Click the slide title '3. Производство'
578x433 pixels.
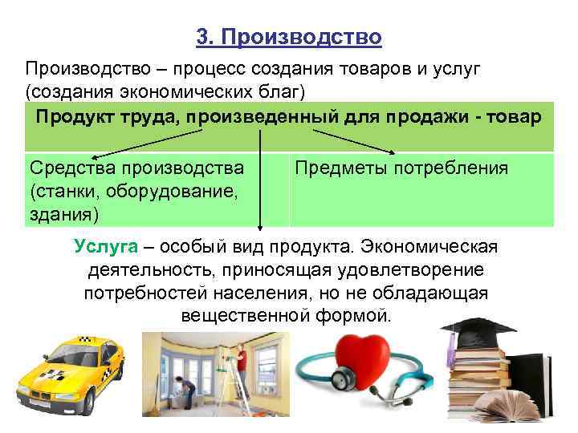(289, 37)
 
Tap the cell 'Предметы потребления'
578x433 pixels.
(401, 168)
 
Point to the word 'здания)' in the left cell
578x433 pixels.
(64, 213)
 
